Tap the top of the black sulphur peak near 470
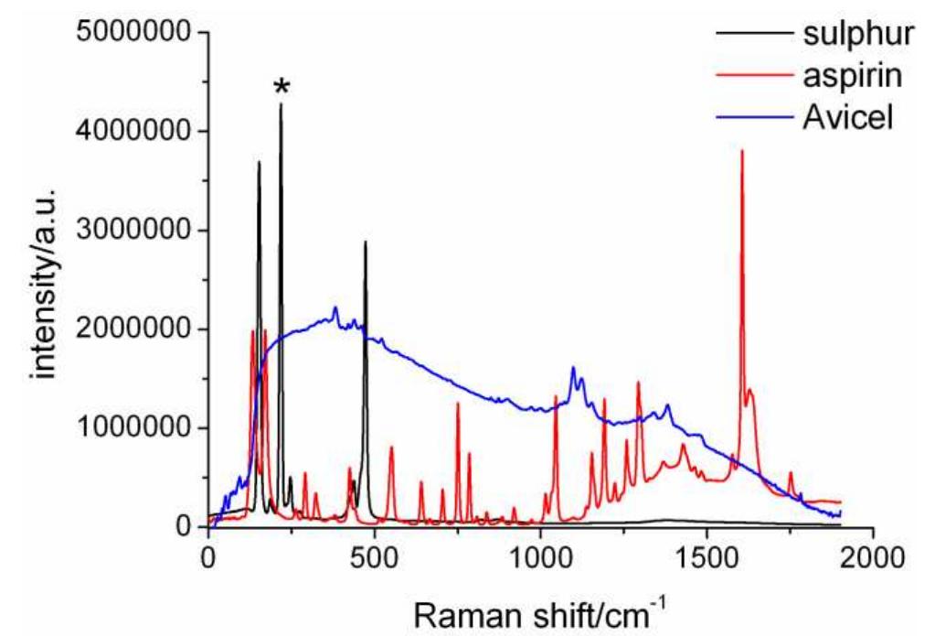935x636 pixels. (x=366, y=243)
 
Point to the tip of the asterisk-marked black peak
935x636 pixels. (x=281, y=104)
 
